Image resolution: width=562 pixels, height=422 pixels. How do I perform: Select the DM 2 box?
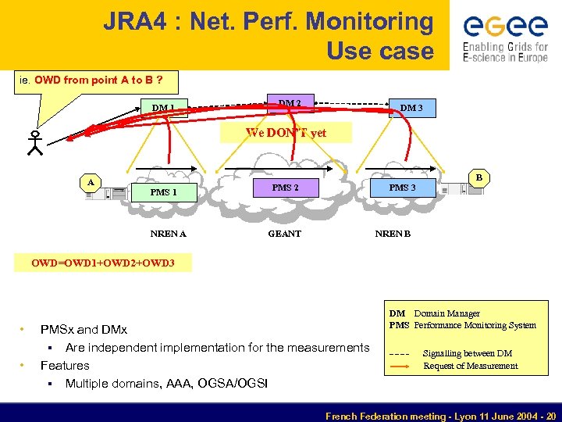click(x=290, y=102)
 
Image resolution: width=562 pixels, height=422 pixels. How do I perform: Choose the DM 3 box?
click(x=411, y=107)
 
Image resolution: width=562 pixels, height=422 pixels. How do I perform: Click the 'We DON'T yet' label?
click(x=286, y=133)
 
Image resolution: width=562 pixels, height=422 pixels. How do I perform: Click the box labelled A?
click(x=91, y=182)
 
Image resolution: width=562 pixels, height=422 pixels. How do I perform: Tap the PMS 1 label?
click(x=164, y=192)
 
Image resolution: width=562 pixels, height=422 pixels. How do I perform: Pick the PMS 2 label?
click(x=285, y=188)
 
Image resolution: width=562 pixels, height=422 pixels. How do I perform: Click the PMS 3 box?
click(x=402, y=188)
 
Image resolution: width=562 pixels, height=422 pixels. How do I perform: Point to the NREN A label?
click(x=168, y=233)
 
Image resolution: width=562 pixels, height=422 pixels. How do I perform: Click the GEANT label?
click(x=284, y=233)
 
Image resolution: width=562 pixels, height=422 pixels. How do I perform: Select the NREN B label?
click(x=393, y=233)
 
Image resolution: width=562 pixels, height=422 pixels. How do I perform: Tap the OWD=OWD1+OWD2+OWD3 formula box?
click(x=102, y=263)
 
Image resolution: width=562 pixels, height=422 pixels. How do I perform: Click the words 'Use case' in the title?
click(x=379, y=51)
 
